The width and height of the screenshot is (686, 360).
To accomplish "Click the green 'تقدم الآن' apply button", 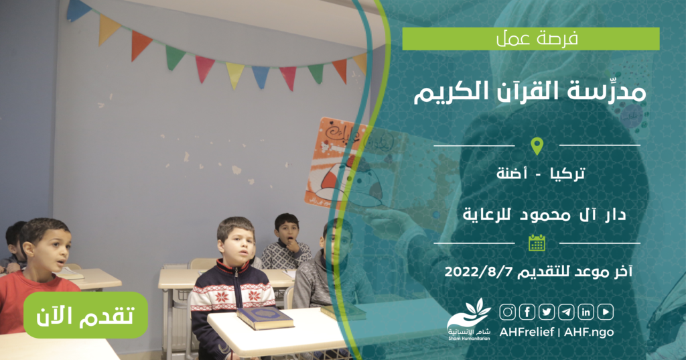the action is click(86, 315).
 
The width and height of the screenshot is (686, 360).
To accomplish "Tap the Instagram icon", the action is click(508, 312).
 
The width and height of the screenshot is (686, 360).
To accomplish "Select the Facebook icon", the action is click(527, 312).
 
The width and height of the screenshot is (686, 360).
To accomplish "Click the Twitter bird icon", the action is click(547, 312).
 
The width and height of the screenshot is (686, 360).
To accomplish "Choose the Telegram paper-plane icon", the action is click(566, 312).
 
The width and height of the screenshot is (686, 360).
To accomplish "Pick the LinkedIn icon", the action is click(586, 312).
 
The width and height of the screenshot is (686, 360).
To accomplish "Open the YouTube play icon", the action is click(606, 312).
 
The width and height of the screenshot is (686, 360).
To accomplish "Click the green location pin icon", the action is click(537, 146).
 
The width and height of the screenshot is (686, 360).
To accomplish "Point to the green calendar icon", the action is click(537, 243).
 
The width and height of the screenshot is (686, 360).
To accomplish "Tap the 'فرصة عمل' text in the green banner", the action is click(537, 39).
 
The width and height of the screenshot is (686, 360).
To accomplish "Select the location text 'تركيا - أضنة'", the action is click(541, 174).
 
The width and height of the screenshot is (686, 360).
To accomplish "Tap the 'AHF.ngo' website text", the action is click(589, 332).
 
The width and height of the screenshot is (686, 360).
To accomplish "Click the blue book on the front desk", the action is click(265, 318).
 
